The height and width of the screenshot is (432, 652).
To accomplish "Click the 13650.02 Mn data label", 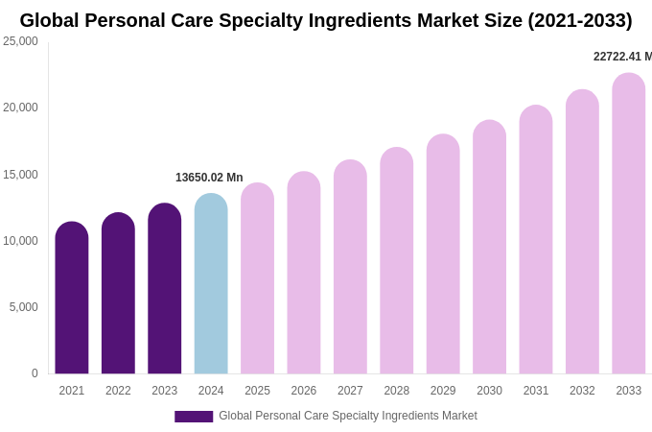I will click(209, 178).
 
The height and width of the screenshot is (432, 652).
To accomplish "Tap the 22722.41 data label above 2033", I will click(621, 57).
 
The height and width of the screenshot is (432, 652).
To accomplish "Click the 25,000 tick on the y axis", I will click(20, 41).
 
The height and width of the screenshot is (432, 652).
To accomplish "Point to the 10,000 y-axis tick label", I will click(20, 241).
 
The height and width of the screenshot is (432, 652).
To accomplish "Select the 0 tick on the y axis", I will click(35, 373).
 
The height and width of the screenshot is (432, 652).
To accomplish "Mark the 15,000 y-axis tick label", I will click(20, 175).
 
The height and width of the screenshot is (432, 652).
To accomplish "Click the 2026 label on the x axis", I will click(304, 391).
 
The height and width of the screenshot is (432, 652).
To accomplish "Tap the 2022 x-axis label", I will click(118, 391).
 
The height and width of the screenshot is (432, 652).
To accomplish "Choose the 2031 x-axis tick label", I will click(536, 391).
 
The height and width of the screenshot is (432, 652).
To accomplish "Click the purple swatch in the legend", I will click(194, 417).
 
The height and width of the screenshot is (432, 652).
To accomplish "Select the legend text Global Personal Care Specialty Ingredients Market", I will click(347, 416).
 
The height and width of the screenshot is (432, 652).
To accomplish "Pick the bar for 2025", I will click(257, 278).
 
